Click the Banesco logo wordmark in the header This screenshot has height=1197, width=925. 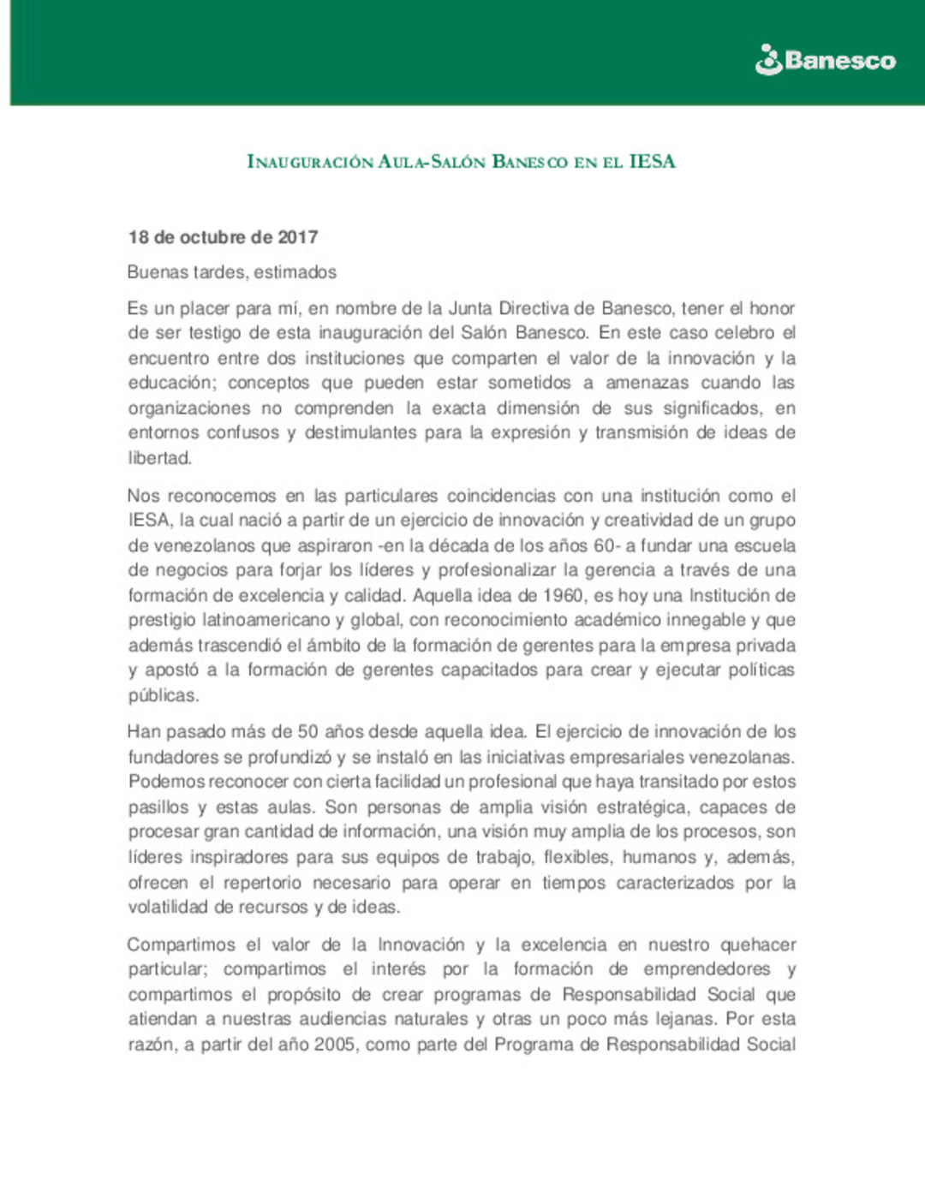coord(839,61)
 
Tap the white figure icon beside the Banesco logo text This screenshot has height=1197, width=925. coord(768,60)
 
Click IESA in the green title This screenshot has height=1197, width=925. coord(652,161)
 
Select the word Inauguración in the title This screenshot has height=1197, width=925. coord(310,162)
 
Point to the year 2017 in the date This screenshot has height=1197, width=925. coord(297,237)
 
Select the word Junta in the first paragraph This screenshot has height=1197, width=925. coord(470,308)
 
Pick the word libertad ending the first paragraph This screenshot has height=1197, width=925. coord(159,458)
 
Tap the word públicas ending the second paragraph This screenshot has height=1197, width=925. coord(163,695)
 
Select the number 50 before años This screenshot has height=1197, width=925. coord(307,732)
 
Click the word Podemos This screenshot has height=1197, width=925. coord(166,782)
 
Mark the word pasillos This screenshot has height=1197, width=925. coord(158,807)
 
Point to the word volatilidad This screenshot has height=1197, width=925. coord(168,908)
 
